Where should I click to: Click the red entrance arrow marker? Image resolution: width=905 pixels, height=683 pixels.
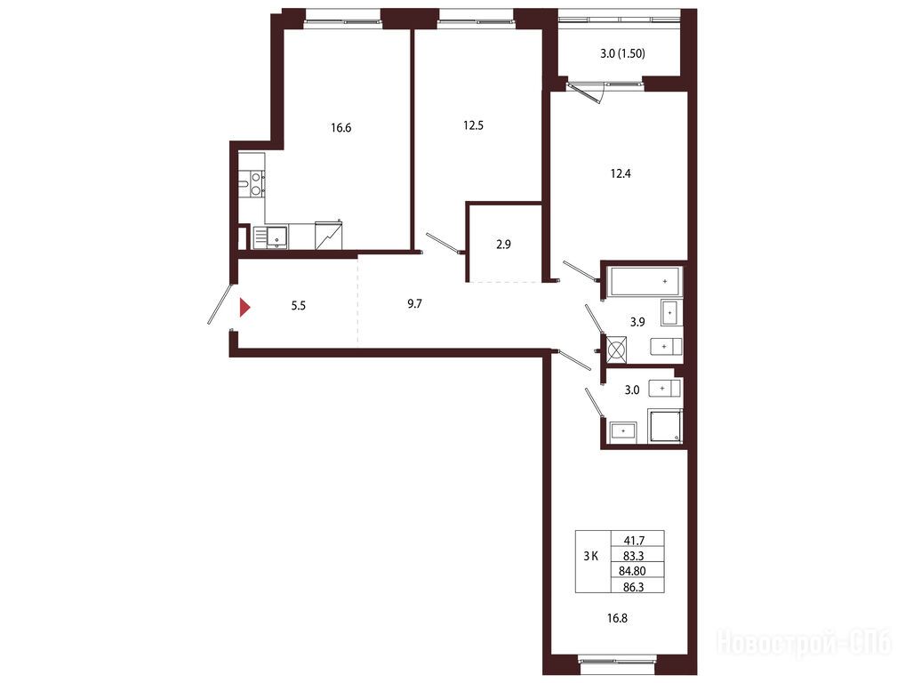(x=244, y=307)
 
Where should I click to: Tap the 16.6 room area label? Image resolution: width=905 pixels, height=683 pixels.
(x=341, y=127)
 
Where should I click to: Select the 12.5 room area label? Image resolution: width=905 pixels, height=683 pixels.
(x=473, y=125)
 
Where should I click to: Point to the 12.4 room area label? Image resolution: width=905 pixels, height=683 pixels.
(x=621, y=173)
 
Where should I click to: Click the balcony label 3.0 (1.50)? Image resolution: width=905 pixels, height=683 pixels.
(x=623, y=53)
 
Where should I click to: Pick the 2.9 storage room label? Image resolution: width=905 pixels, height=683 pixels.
(x=503, y=245)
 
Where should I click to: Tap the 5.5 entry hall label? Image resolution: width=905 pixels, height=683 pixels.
(x=299, y=305)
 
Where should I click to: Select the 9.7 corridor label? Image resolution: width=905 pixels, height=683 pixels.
(x=414, y=303)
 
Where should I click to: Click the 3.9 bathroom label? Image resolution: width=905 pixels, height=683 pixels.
(x=637, y=322)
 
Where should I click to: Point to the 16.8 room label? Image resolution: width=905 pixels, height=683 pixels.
(x=617, y=618)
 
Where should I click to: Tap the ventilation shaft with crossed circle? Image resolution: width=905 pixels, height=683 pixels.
(x=616, y=350)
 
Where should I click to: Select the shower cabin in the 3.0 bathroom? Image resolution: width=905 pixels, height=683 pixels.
(x=666, y=427)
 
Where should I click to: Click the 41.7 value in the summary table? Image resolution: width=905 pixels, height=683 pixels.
(x=635, y=541)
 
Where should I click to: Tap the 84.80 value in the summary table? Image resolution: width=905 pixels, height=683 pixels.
(x=632, y=571)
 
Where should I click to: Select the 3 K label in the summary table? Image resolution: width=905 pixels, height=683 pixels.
(x=590, y=557)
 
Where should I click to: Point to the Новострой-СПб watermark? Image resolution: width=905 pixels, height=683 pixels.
(x=804, y=643)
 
